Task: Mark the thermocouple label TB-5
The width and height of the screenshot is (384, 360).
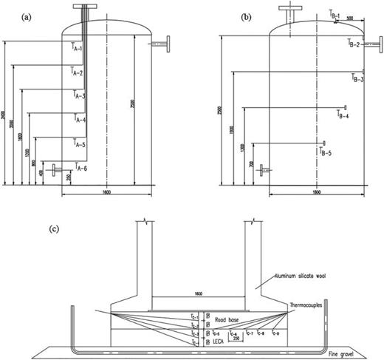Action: [325, 152]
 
